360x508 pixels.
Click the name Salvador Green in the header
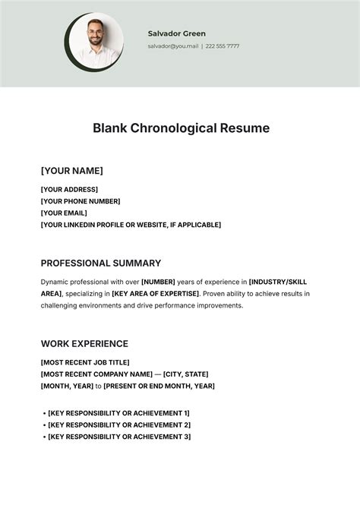click(x=176, y=33)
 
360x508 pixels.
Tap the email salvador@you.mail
click(x=172, y=46)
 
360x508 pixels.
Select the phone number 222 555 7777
click(x=223, y=46)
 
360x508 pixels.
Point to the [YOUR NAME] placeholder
click(x=71, y=171)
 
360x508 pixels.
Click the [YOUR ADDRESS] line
click(x=69, y=189)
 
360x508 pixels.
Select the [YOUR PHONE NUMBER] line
click(x=81, y=201)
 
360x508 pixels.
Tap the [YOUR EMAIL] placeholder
click(x=65, y=213)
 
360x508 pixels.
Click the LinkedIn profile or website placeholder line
click(x=131, y=225)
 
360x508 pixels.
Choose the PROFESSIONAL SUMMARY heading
click(x=101, y=263)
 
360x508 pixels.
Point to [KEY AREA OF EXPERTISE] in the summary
click(x=155, y=293)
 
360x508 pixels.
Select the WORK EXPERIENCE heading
click(x=84, y=344)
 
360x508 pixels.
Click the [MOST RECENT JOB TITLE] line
click(x=85, y=362)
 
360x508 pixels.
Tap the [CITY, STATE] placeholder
click(x=185, y=374)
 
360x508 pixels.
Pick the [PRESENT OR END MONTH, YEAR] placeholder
click(x=159, y=386)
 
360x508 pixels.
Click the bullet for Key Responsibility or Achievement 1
click(x=45, y=413)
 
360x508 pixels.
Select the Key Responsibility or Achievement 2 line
click(x=118, y=424)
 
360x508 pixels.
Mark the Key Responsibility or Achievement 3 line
click(x=118, y=437)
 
